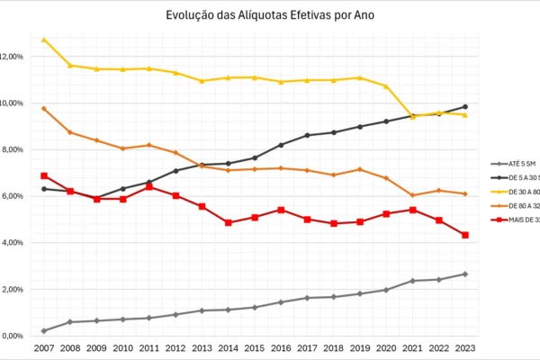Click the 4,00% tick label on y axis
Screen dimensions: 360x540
tap(13, 243)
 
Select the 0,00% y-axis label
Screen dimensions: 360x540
tap(13, 336)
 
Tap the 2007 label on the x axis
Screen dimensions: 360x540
tap(44, 347)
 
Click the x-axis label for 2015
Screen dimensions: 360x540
tap(255, 347)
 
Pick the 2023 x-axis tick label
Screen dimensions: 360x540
tap(465, 347)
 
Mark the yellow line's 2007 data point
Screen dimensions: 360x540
tap(44, 40)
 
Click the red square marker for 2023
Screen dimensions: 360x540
tap(465, 235)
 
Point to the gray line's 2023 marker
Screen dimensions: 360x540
tap(465, 274)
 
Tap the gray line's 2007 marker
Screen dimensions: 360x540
tap(44, 330)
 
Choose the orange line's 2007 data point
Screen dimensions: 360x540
tap(44, 108)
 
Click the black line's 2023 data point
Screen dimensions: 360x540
tap(465, 106)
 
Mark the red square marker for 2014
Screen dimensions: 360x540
tap(229, 222)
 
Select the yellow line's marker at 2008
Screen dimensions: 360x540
tap(70, 66)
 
